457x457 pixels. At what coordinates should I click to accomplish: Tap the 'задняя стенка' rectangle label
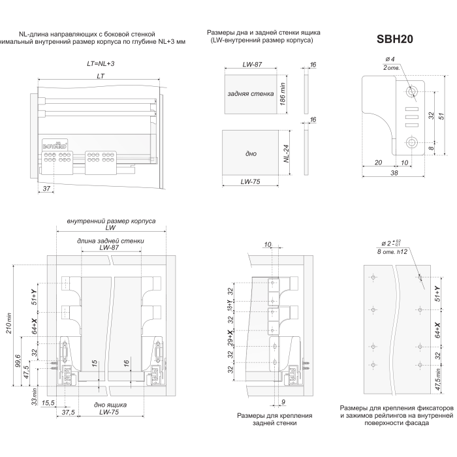(251, 94)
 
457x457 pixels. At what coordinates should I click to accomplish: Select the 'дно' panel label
(251, 154)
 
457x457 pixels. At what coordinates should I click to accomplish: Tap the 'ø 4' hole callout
(388, 60)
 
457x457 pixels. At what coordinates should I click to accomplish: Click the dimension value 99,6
(18, 360)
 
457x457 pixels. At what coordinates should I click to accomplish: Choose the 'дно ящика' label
(110, 405)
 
